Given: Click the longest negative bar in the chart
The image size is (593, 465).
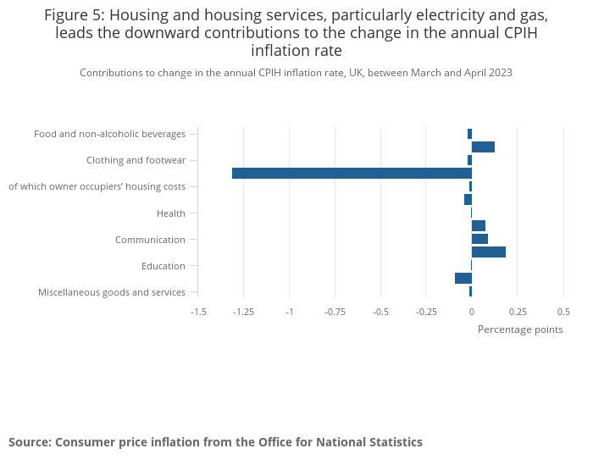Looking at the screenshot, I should coord(352,174).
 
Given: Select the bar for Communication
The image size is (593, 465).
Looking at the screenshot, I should coord(479,239).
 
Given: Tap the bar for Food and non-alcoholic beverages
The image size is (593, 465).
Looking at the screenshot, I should coord(469,134).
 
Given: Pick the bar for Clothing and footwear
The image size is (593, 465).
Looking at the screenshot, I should coord(469,160).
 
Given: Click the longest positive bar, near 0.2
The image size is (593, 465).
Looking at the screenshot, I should coord(488,252).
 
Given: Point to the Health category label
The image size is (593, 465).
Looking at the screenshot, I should coord(171,213).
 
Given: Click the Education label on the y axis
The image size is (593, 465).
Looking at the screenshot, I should coord(163,266).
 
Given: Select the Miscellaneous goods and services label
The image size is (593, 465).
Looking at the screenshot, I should coord(112,292).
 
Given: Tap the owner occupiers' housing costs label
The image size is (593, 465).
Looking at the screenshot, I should coord(97,186).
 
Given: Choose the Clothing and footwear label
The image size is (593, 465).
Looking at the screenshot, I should coord(136,160).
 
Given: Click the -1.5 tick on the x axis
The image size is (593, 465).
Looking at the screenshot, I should coord(198,312).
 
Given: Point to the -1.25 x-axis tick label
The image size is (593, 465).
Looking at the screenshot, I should coord(243,312).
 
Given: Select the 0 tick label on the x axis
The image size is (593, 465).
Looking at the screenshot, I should coord(472,312).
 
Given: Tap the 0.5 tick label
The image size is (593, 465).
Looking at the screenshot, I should coord(563,312).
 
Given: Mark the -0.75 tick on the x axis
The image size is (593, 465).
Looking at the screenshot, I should coord(335,312).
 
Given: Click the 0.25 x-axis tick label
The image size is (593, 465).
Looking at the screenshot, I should coord(518,312).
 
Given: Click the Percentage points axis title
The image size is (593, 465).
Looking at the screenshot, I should coord(520,329).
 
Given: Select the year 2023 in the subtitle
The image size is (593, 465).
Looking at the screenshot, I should coord(500,73).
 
